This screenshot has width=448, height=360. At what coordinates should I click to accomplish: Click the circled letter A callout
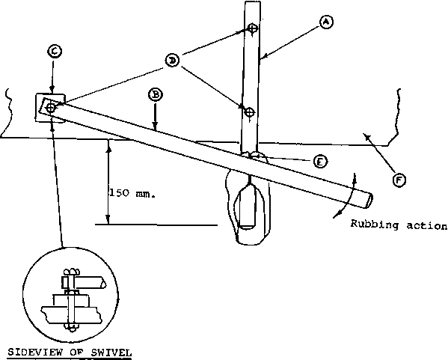pos(326,22)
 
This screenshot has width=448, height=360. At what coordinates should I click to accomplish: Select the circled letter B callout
pos(155,95)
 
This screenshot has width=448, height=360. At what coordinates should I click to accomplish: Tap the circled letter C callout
pos(55,52)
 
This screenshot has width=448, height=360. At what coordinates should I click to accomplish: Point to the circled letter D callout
pos(172,61)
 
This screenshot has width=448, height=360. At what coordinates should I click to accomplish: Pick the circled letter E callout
pos(320,162)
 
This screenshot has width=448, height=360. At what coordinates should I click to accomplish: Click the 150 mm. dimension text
pos(132,193)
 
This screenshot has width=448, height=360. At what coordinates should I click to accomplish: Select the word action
pos(426,226)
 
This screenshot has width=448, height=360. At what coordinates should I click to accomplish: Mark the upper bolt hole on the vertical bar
pos(252,28)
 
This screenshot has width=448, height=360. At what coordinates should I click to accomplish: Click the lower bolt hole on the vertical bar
pos(250,112)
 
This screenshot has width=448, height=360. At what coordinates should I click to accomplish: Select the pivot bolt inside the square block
pos(51,108)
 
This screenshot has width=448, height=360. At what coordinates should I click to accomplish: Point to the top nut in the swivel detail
pos(70,272)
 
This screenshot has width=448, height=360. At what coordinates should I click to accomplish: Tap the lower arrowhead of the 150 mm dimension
pos(108,219)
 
